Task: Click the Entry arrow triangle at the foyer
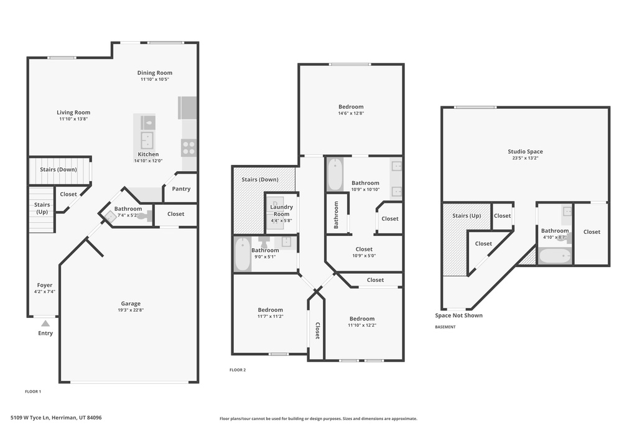[45, 323]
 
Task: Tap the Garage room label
[131, 304]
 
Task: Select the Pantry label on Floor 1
[181, 189]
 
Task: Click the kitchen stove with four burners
[188, 147]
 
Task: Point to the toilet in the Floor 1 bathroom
[144, 217]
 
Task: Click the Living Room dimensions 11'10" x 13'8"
[73, 119]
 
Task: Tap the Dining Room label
[155, 73]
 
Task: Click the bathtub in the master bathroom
[335, 175]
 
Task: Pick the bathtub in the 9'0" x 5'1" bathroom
[243, 254]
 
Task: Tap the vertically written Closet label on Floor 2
[317, 330]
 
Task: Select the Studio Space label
[525, 151]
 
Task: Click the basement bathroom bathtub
[554, 256]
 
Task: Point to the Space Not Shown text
[458, 315]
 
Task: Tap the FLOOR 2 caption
[238, 370]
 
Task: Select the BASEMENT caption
[445, 327]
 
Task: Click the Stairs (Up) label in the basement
[467, 216]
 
